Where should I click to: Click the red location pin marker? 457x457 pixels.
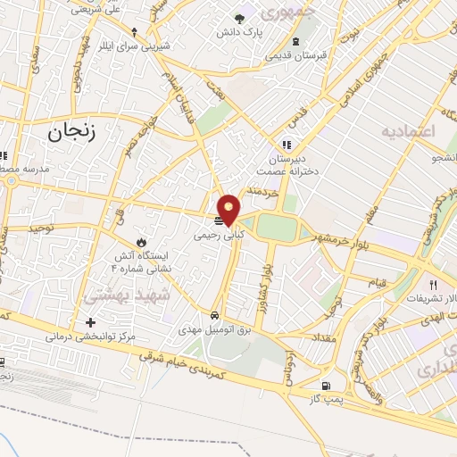tap(229, 209)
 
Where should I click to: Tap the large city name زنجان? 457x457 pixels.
tap(68, 134)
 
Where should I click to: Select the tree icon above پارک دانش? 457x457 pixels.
tap(239, 19)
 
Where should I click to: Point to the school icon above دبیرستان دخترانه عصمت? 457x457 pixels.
tap(286, 144)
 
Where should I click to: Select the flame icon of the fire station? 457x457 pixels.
tap(140, 242)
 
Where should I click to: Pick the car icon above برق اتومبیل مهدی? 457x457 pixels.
tap(215, 316)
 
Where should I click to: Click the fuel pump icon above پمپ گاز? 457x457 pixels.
tap(325, 386)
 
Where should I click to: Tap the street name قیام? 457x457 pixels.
tap(378, 282)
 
